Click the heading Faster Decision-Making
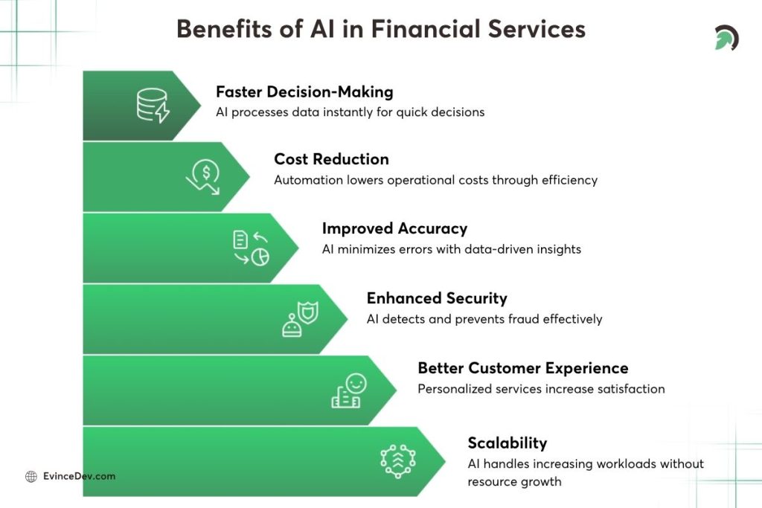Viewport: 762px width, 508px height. coord(304,91)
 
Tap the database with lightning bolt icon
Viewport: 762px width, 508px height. coord(153,105)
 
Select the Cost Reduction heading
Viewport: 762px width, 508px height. coord(331,158)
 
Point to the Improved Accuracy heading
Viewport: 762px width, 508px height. coord(394,228)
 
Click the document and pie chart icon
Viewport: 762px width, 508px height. coord(251,248)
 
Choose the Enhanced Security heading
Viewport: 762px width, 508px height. coord(437,298)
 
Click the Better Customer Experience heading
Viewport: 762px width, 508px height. coord(522,368)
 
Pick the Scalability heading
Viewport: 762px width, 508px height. coord(507,443)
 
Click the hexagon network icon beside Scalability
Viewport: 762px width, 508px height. coord(397,460)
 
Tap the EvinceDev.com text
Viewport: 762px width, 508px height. coord(80,476)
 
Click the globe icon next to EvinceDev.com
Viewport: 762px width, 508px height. coord(31,477)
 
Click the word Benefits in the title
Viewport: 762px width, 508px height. coord(221,29)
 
